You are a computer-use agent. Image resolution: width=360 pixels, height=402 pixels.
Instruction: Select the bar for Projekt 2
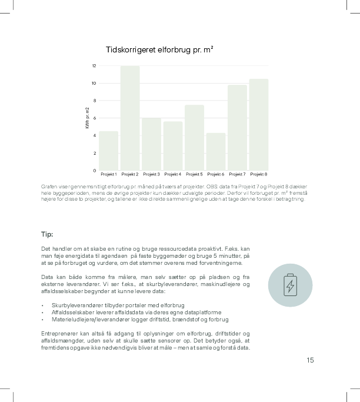pos(130,118)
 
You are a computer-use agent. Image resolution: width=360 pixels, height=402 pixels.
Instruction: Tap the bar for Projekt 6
pos(216,151)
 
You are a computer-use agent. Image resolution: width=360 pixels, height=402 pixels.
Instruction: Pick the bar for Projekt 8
pos(258,124)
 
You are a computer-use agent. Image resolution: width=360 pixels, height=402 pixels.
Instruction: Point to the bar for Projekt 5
pos(194,137)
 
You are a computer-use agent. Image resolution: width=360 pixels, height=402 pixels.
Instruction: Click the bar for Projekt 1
pos(109,151)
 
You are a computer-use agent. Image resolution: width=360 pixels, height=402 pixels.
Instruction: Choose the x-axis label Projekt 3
pos(151,174)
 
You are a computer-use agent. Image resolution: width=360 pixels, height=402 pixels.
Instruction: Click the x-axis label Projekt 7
pos(237,174)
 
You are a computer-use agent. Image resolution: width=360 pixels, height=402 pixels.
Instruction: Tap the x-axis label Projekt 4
pos(173,174)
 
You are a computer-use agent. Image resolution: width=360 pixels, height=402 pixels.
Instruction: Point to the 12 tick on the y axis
pos(94,65)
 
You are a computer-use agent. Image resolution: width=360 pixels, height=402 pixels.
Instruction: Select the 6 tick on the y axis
pos(94,118)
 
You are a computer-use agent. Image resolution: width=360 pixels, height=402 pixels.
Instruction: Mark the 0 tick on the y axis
pos(94,170)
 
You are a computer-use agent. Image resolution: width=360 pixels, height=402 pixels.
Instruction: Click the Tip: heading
pos(47,234)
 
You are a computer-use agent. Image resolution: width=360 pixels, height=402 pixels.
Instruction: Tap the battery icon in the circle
pos(290,285)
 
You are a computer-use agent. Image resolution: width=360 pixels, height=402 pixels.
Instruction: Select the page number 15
pos(310,360)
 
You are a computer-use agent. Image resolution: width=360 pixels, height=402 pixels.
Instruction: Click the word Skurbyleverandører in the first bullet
pos(75,305)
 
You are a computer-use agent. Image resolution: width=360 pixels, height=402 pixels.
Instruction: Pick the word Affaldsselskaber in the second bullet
pos(71,312)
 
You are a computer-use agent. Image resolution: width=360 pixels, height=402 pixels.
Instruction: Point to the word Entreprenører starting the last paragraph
pos(59,333)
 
